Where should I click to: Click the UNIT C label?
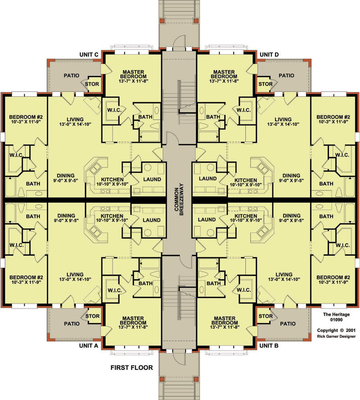click(x=89, y=55)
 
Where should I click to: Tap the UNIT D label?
click(x=269, y=55)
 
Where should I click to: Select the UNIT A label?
click(x=89, y=345)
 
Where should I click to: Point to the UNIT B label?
click(x=269, y=345)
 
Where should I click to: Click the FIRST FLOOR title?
click(x=132, y=368)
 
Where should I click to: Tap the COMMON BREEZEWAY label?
click(x=179, y=200)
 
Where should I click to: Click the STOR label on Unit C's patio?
click(x=92, y=84)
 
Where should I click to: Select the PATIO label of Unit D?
click(x=286, y=76)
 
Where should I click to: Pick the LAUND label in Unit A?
click(x=152, y=220)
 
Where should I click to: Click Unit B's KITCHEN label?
click(x=246, y=216)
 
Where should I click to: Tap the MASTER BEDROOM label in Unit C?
click(x=133, y=74)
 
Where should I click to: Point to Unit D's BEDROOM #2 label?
click(x=333, y=117)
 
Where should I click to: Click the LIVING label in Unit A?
click(x=75, y=274)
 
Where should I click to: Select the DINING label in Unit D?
click(x=291, y=176)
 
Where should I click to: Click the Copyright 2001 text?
click(x=336, y=330)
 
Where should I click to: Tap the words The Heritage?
click(x=336, y=314)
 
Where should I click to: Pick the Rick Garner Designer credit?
click(x=336, y=336)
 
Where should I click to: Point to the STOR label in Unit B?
click(x=265, y=316)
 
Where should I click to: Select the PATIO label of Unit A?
click(x=72, y=324)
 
